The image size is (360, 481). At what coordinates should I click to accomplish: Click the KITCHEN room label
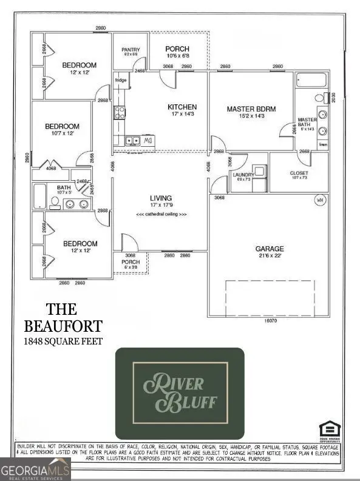pos(182,107)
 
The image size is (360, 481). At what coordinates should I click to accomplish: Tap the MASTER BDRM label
pos(251,109)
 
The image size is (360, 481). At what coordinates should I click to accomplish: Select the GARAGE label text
pos(270,249)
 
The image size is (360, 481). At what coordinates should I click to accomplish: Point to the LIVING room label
pos(161,198)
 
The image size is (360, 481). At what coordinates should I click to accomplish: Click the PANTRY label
pos(131,50)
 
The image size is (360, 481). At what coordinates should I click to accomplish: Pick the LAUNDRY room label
pos(242,175)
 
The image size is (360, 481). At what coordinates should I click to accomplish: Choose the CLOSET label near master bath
pos(299,173)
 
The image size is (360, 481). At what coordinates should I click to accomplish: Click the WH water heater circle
pos(319,200)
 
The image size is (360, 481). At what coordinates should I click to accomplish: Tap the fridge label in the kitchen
pos(121,79)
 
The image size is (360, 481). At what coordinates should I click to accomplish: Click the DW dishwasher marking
pos(149,141)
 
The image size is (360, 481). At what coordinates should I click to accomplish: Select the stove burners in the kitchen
pos(120,112)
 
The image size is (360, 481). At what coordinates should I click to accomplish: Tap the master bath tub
pos(310,80)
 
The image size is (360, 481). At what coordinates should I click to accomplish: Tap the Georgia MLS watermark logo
pos(35,469)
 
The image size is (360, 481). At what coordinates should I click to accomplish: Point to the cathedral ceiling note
pos(161,215)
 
